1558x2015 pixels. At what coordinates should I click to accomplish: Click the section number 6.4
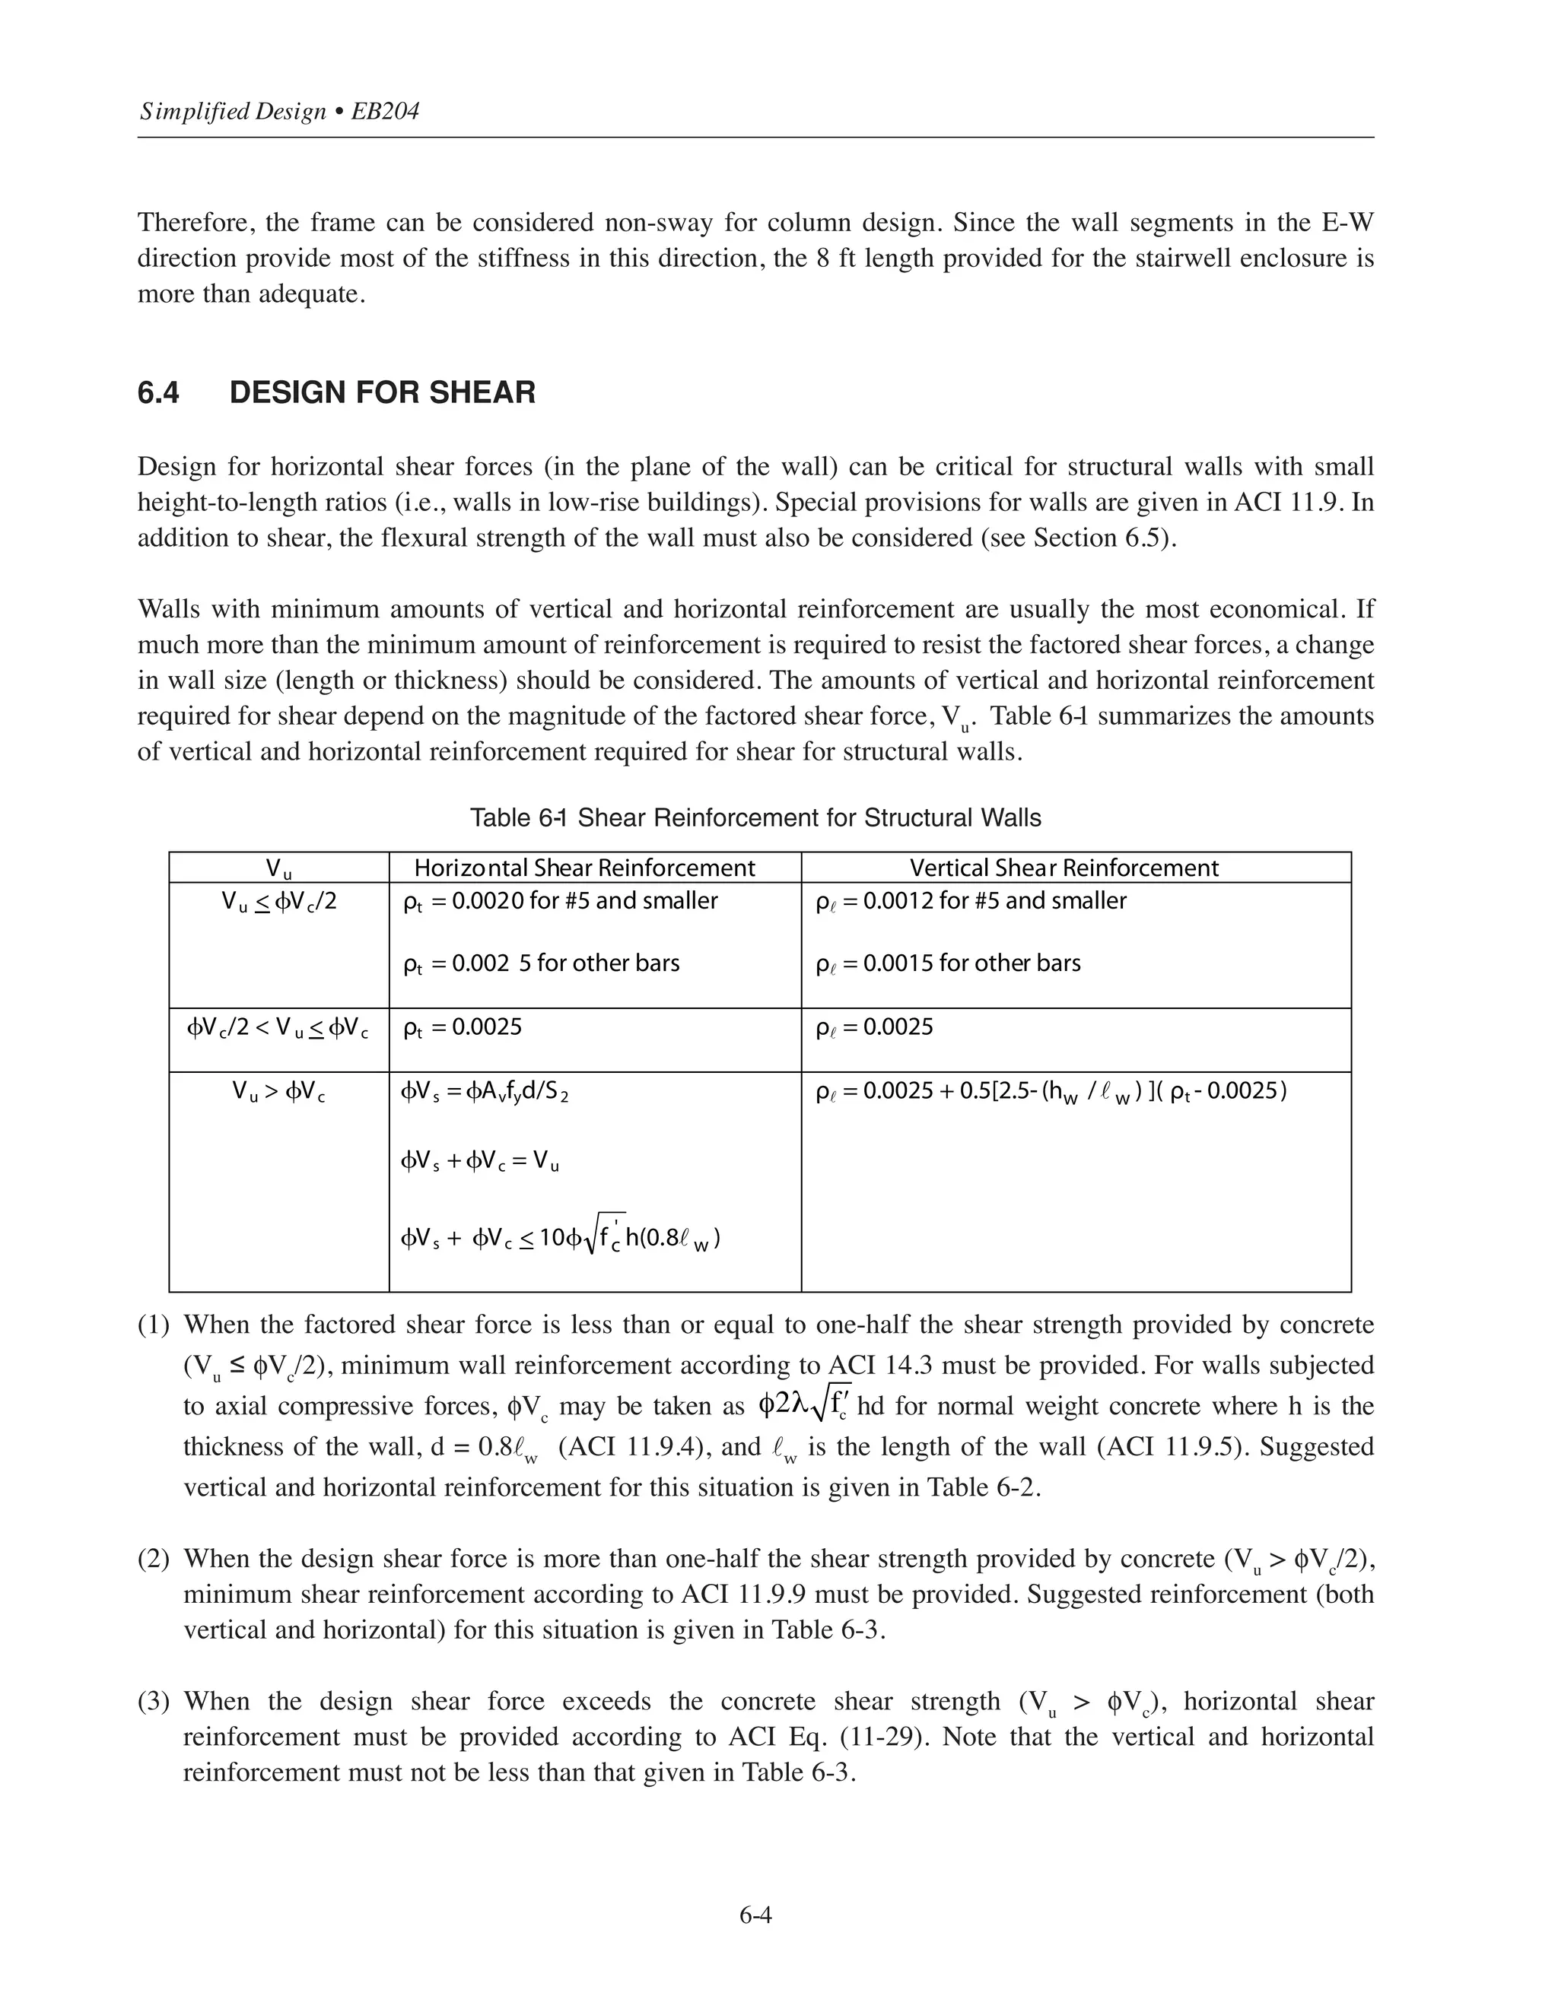click(x=159, y=393)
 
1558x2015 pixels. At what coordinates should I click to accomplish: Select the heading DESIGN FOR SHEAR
click(x=382, y=393)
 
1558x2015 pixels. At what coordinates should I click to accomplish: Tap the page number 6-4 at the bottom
click(x=755, y=1915)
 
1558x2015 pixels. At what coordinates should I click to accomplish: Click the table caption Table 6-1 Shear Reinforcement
click(x=755, y=817)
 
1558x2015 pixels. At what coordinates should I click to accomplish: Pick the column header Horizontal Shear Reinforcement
click(x=584, y=868)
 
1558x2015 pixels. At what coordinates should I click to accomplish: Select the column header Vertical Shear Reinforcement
click(x=1064, y=868)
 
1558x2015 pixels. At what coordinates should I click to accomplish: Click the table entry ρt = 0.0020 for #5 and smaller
click(x=560, y=901)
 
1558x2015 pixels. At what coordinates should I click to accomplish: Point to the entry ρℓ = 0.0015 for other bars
click(x=948, y=963)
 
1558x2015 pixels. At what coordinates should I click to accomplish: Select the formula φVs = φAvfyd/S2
click(x=485, y=1093)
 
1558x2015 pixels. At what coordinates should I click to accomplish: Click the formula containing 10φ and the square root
click(x=560, y=1237)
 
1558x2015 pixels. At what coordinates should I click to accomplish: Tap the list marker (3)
click(x=153, y=1701)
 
